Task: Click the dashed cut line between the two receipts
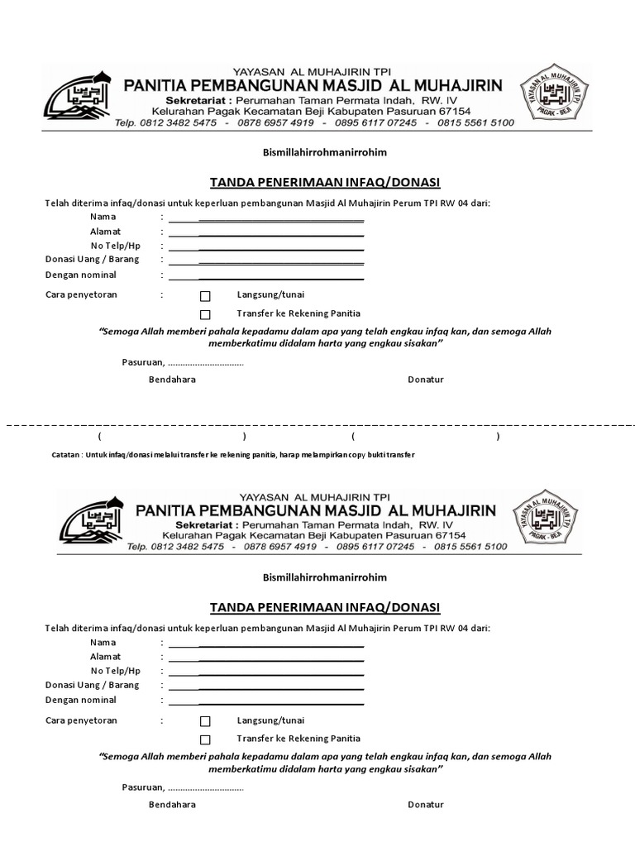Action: (x=317, y=423)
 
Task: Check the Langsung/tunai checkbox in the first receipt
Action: (x=205, y=296)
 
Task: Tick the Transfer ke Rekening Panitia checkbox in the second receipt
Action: (x=205, y=739)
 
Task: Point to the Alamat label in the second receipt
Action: (x=106, y=657)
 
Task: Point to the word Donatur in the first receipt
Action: (x=426, y=380)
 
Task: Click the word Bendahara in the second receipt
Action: (x=172, y=805)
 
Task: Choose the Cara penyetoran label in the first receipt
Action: (x=81, y=294)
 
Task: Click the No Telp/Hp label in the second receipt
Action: (x=116, y=671)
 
